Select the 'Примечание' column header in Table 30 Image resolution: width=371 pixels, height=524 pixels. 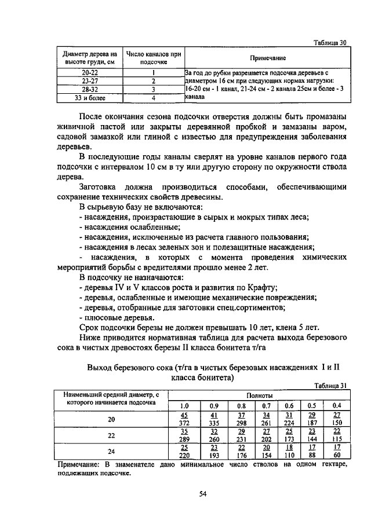coord(267,58)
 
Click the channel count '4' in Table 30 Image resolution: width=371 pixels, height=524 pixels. coord(153,98)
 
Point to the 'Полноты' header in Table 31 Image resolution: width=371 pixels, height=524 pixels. coord(259,395)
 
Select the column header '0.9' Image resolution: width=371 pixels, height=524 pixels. coord(213,405)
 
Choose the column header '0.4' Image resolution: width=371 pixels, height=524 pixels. coord(337,405)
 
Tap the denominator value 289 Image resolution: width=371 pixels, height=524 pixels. coord(184,440)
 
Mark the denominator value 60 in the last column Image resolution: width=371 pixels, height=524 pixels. coord(337,456)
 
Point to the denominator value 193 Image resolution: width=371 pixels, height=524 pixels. coord(213,456)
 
